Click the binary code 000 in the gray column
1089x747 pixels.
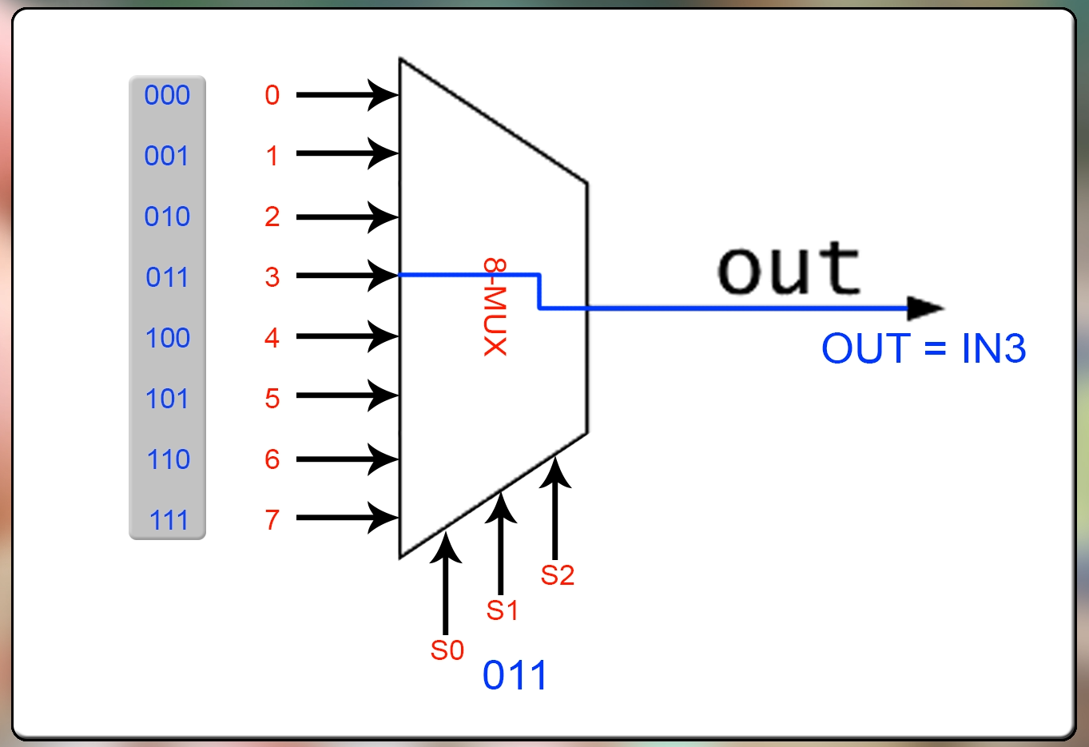pyautogui.click(x=167, y=95)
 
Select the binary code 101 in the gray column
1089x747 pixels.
pyautogui.click(x=167, y=399)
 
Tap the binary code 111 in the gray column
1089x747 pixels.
pyautogui.click(x=169, y=520)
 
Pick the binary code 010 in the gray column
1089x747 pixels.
pyautogui.click(x=167, y=217)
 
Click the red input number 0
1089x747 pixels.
pyautogui.click(x=272, y=95)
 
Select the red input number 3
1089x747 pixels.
pyautogui.click(x=272, y=277)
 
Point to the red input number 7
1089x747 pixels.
pyautogui.click(x=272, y=520)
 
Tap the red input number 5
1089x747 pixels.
pyautogui.click(x=272, y=399)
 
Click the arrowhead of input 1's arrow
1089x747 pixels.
pyautogui.click(x=384, y=153)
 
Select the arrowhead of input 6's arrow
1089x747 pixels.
pyautogui.click(x=384, y=459)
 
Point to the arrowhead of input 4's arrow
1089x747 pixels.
pyautogui.click(x=384, y=336)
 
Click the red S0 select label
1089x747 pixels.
pyautogui.click(x=447, y=650)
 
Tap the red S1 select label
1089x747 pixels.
pyautogui.click(x=503, y=610)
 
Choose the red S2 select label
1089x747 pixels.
pyautogui.click(x=557, y=575)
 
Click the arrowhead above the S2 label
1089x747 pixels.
pyautogui.click(x=555, y=471)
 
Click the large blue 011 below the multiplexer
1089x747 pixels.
pyautogui.click(x=515, y=676)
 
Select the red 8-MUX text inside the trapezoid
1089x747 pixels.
pyautogui.click(x=495, y=307)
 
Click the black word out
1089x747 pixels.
pyautogui.click(x=789, y=268)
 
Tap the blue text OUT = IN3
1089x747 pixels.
pyautogui.click(x=924, y=348)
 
